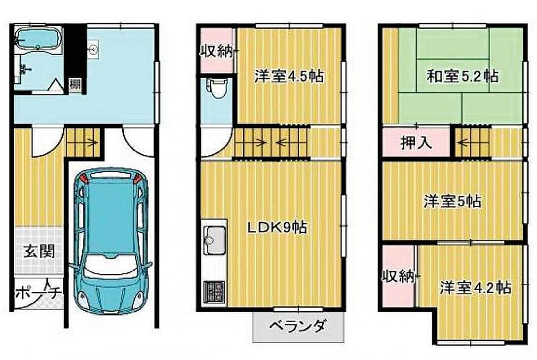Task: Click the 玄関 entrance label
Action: click(39, 252)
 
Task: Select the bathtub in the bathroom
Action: click(38, 39)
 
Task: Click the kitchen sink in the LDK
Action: click(215, 239)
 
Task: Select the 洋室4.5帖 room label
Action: click(289, 76)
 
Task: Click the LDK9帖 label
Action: click(277, 227)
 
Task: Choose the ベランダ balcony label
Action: click(297, 326)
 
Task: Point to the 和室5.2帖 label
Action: click(462, 76)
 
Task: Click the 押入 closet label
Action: click(416, 143)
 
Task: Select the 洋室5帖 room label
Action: click(452, 201)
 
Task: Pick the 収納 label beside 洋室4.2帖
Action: click(399, 276)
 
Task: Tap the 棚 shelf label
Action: click(75, 84)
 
